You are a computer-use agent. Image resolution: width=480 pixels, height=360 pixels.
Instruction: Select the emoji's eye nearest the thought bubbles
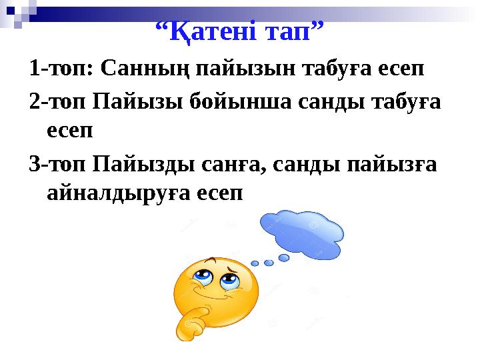[230, 280]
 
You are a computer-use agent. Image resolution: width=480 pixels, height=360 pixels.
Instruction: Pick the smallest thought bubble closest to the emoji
[255, 264]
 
